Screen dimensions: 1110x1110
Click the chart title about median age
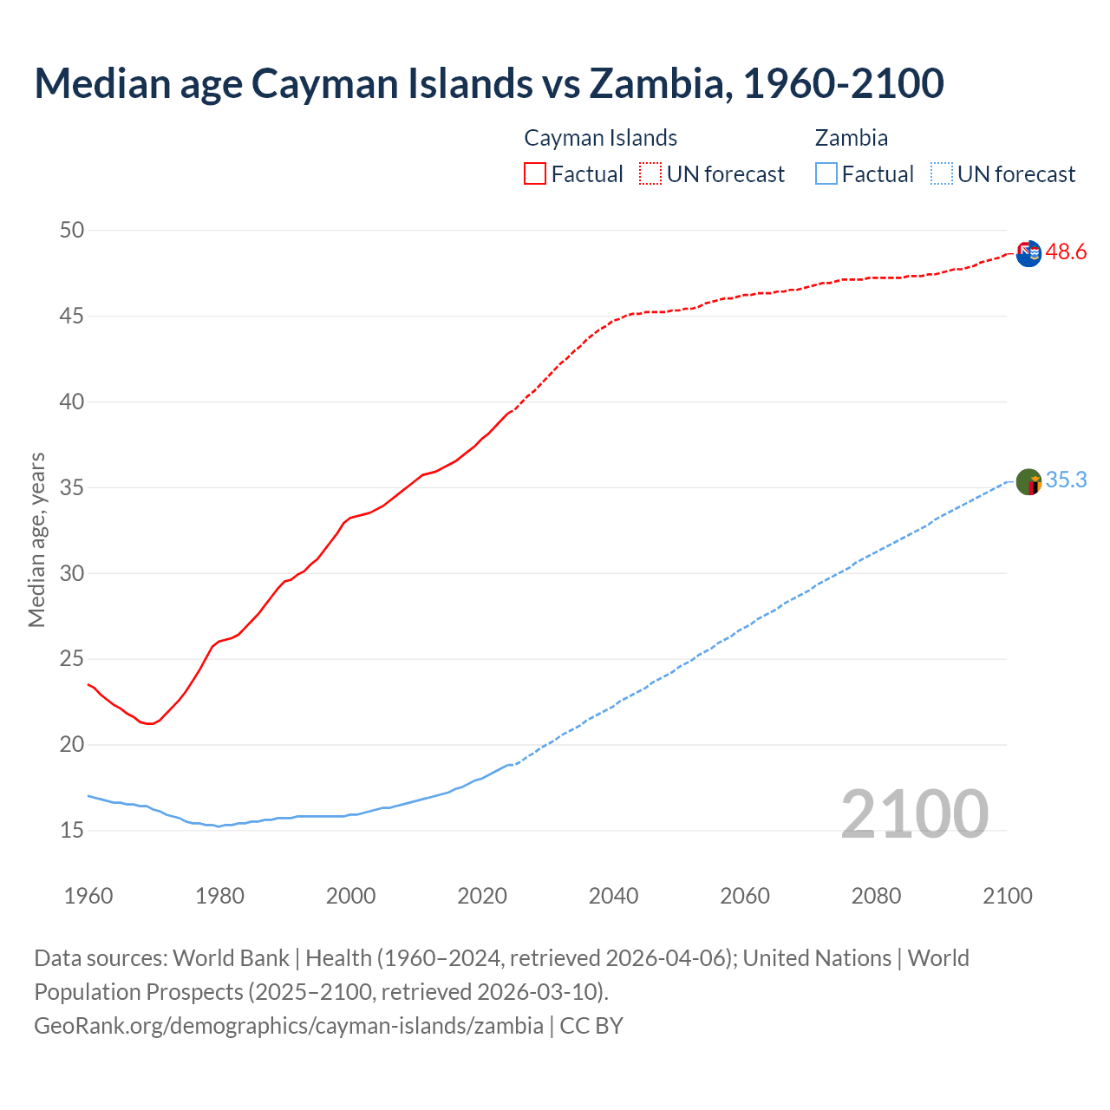(x=488, y=83)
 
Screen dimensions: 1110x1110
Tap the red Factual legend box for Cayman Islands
(x=535, y=173)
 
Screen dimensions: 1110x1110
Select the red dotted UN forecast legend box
(x=650, y=173)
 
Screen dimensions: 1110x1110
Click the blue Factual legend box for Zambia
(x=826, y=173)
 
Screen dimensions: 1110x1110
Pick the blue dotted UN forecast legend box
(x=941, y=173)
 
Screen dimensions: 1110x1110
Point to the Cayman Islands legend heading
(x=600, y=138)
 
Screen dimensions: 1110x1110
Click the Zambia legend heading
(x=851, y=138)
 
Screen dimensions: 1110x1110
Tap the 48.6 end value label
(x=1066, y=252)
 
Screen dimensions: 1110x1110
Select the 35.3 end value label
(x=1066, y=480)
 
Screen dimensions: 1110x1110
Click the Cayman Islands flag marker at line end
(x=1028, y=254)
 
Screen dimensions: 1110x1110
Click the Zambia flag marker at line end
(x=1028, y=481)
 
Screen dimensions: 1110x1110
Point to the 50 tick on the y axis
(x=72, y=230)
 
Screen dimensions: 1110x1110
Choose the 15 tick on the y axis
(x=72, y=831)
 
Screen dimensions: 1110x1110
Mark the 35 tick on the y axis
(x=72, y=487)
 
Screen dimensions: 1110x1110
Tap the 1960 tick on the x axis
(x=88, y=896)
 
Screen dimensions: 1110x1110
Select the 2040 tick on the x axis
(x=613, y=896)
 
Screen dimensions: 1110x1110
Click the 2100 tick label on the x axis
(x=1007, y=896)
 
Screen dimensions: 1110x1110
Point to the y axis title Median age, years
(x=36, y=539)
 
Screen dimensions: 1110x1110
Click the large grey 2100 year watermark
(x=914, y=813)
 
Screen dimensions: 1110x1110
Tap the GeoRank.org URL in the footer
(x=289, y=1025)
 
